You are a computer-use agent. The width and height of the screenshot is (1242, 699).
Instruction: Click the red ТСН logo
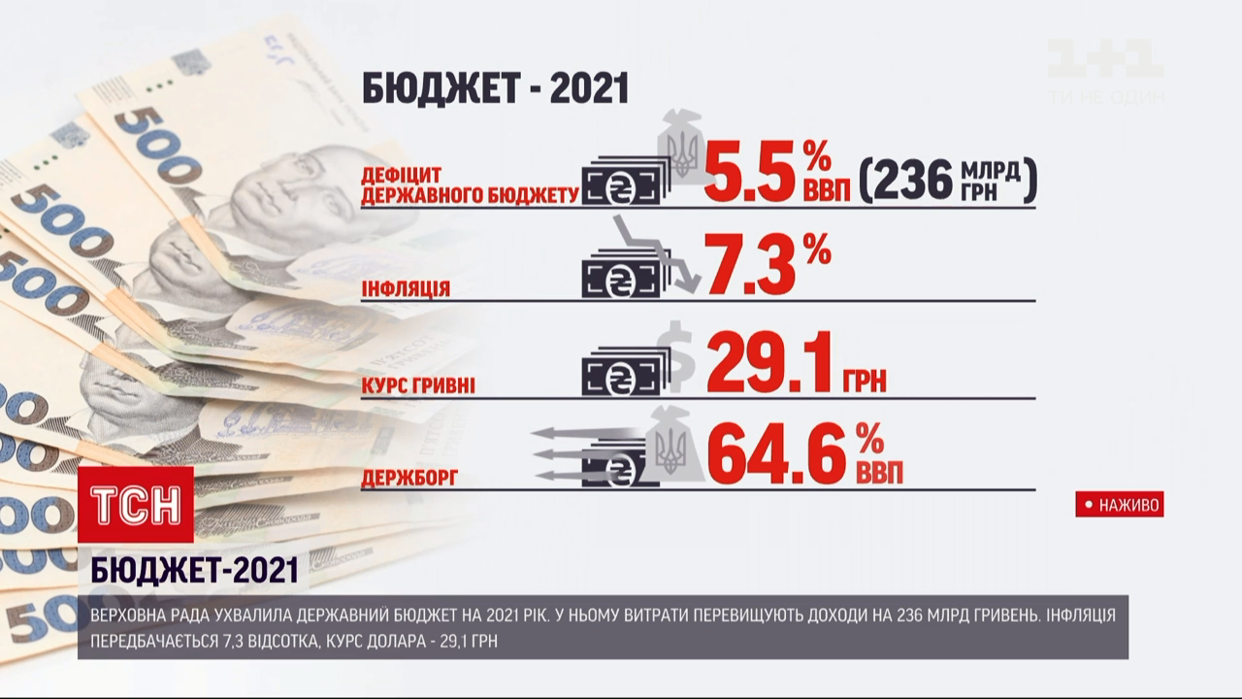coord(136,505)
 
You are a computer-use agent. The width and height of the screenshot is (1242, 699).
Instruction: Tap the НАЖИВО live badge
coord(1119,505)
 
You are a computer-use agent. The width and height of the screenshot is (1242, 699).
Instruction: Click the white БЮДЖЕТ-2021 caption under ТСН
coord(194,572)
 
